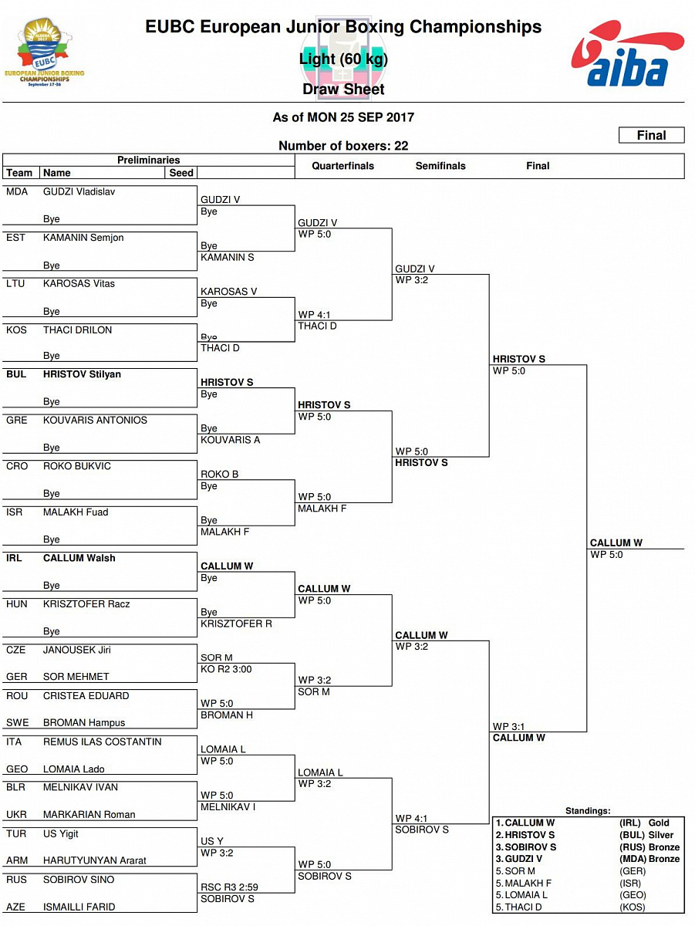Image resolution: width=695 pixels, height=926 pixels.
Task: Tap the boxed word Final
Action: [651, 136]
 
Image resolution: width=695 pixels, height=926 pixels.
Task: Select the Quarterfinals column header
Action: [342, 166]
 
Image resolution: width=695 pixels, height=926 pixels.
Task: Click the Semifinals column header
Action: [440, 166]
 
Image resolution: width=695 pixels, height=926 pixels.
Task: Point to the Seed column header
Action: [181, 173]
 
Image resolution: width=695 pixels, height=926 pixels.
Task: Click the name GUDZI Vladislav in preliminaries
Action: [79, 191]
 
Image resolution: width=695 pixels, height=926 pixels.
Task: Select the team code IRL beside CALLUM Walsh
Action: [14, 558]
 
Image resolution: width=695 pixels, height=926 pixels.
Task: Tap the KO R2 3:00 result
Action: [226, 669]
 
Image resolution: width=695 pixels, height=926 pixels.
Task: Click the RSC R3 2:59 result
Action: [226, 887]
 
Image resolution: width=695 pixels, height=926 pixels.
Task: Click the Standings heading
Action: [588, 811]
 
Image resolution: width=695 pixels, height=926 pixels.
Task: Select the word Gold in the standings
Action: [659, 823]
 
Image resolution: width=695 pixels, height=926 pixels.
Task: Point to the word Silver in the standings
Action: [661, 835]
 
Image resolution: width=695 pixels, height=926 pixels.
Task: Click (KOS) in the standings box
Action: [633, 907]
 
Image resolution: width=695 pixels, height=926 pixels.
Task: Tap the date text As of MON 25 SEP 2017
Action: [343, 117]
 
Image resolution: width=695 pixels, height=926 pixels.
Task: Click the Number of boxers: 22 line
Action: [343, 146]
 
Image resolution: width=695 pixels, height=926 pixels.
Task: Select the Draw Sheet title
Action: [343, 90]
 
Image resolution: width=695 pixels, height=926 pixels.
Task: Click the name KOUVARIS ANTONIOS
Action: [95, 421]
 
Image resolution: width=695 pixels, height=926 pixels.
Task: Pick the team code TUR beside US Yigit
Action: [15, 834]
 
